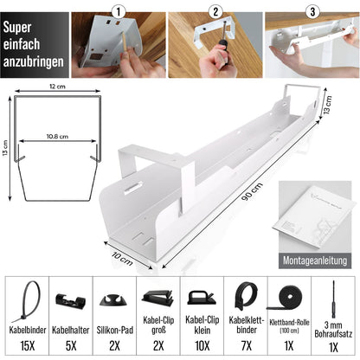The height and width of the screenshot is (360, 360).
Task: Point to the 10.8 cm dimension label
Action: tap(55, 136)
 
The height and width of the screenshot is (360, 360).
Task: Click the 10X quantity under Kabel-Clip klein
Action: tap(201, 346)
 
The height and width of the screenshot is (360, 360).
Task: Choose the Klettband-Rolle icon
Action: tap(289, 299)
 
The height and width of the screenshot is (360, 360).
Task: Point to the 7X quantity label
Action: tap(245, 346)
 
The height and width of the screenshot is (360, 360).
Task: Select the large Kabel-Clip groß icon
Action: tap(157, 299)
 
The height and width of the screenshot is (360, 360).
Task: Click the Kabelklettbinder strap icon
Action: tap(245, 298)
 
